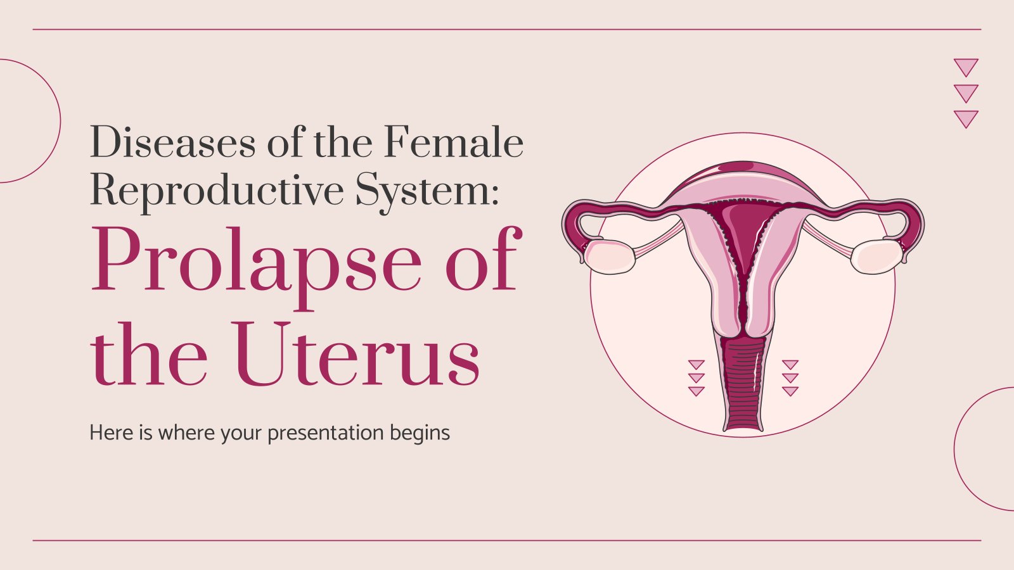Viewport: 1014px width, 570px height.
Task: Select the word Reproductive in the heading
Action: coord(216,190)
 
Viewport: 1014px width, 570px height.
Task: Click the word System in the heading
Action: coord(423,190)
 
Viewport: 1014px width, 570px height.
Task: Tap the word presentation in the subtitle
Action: coord(325,433)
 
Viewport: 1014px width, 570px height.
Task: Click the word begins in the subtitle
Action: coord(420,433)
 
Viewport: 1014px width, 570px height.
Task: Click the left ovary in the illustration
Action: coord(610,256)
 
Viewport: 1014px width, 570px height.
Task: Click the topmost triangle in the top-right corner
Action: coord(966,66)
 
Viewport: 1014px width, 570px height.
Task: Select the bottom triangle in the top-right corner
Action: coord(966,118)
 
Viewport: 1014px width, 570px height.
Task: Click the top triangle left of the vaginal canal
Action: coord(696,365)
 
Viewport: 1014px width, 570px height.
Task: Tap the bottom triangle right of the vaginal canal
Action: coord(790,391)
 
